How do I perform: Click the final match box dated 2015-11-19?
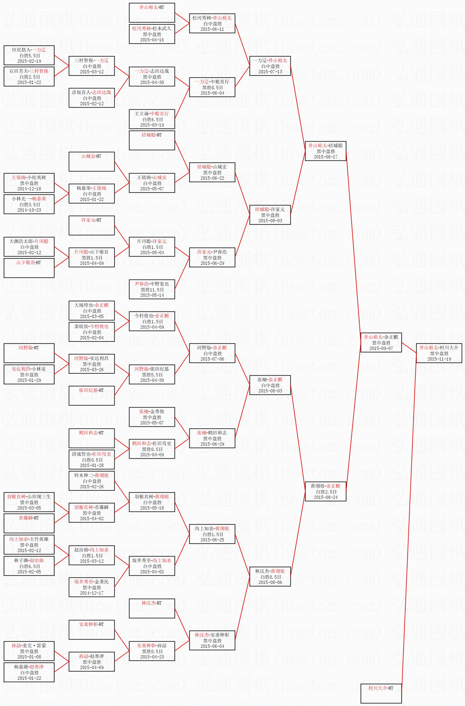(x=439, y=353)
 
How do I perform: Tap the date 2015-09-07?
(x=381, y=348)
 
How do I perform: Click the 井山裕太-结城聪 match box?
(x=326, y=151)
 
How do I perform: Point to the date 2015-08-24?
(x=326, y=497)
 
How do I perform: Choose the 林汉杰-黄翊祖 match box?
(x=270, y=576)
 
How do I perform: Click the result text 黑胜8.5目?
(x=212, y=87)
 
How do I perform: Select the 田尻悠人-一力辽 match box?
(x=29, y=55)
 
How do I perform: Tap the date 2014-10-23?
(x=29, y=210)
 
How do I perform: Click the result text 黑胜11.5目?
(x=152, y=290)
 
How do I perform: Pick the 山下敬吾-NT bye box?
(x=29, y=268)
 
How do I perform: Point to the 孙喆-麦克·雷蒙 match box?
(x=29, y=651)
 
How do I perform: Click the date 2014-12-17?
(x=92, y=593)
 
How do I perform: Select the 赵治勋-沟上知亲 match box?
(x=92, y=555)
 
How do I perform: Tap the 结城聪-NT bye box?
(x=152, y=140)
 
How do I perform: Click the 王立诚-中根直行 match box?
(x=152, y=119)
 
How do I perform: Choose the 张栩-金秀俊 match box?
(x=152, y=417)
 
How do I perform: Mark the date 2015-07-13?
(x=270, y=72)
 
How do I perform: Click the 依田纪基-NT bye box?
(x=92, y=395)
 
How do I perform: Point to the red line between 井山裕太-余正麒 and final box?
(x=409, y=348)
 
